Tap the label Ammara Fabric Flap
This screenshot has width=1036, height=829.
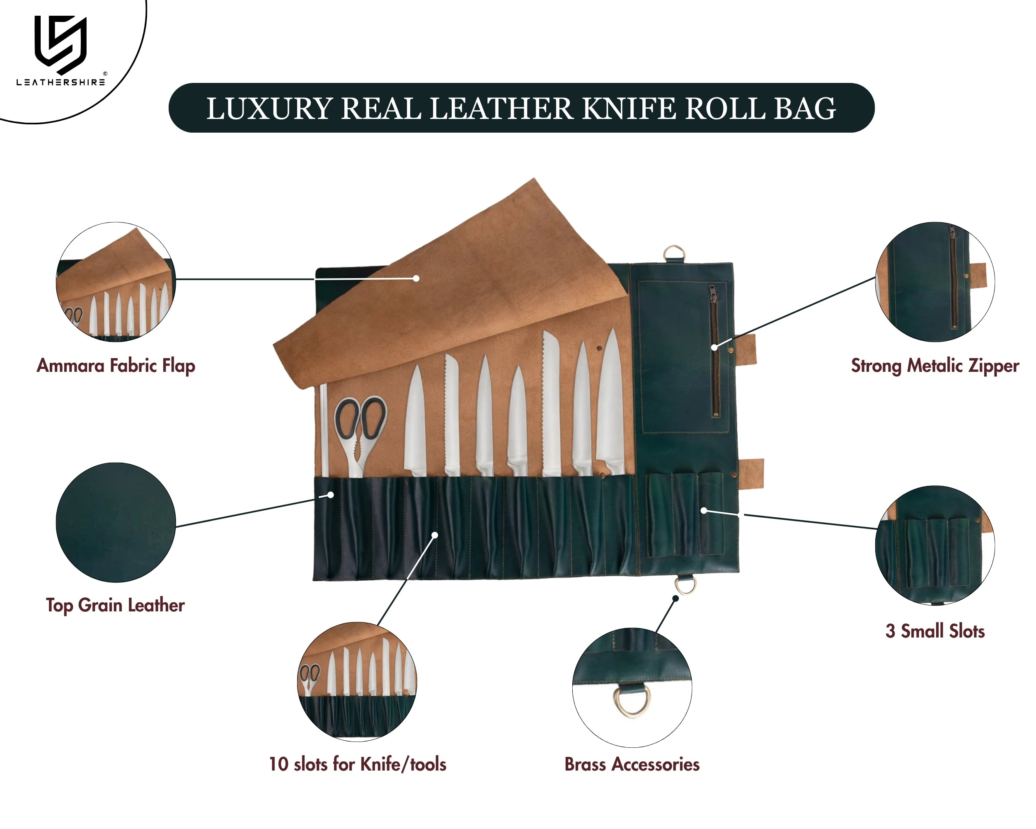(x=116, y=366)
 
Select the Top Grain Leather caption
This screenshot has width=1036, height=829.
(x=115, y=605)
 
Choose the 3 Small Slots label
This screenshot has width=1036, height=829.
(x=935, y=631)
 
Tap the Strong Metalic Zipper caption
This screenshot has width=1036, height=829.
(x=934, y=366)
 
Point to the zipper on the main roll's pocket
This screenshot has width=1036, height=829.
(x=714, y=351)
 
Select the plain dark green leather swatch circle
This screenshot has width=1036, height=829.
(x=116, y=522)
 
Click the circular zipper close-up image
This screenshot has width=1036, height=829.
(x=934, y=282)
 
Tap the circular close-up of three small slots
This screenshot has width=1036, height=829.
(x=934, y=545)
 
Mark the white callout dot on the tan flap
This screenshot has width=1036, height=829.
(x=416, y=278)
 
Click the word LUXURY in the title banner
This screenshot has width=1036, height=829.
(x=269, y=109)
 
